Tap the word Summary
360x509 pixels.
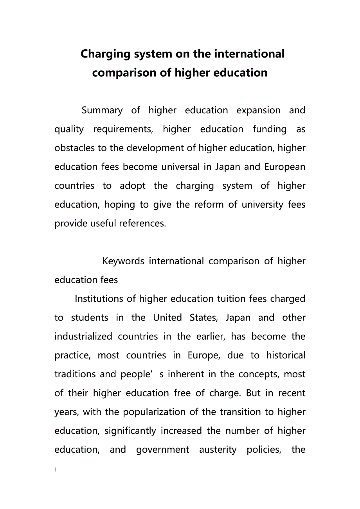[102, 110]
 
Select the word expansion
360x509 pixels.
[259, 110]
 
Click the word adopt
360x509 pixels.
[132, 186]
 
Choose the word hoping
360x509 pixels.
[120, 204]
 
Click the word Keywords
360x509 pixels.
[123, 261]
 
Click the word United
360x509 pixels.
[167, 317]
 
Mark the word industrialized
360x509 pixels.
[83, 336]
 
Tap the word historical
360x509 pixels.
[286, 355]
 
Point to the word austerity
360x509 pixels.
[218, 450]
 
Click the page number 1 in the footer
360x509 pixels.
[56, 469]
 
